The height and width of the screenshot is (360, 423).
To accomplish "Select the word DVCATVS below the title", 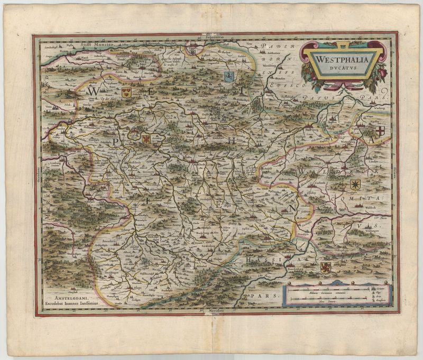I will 343,68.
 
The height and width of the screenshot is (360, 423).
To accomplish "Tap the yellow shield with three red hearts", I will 126,93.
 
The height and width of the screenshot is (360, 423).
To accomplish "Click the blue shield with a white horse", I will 229,76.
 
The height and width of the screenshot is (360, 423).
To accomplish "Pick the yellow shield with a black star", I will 355,184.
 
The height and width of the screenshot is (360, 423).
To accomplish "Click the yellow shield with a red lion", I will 326,267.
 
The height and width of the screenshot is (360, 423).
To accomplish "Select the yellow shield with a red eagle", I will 146,139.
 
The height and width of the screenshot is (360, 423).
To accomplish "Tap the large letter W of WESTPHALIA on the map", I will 89,91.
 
